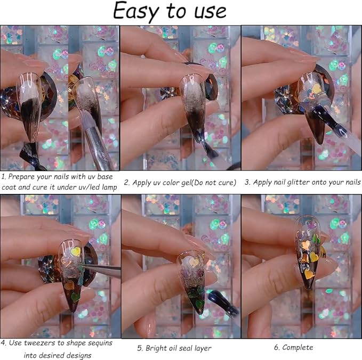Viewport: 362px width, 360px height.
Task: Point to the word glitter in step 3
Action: click(x=299, y=182)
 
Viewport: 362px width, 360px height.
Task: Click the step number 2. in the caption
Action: click(x=127, y=182)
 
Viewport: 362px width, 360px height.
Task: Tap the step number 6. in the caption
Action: click(x=277, y=347)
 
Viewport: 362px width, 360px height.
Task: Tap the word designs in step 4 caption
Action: click(x=77, y=355)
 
